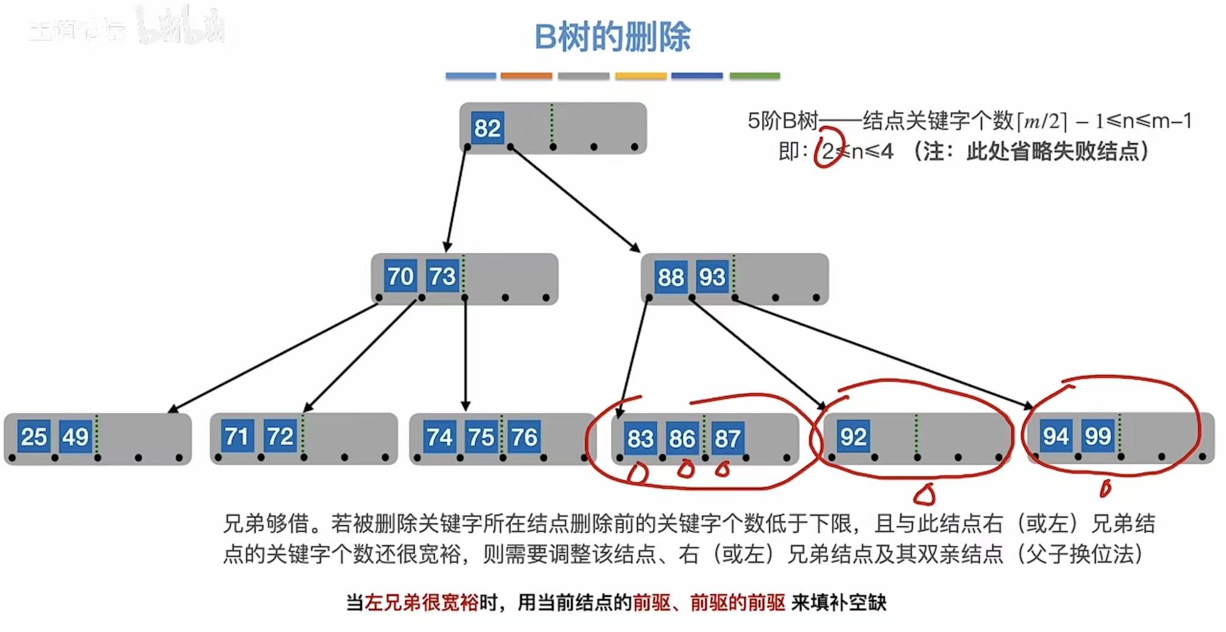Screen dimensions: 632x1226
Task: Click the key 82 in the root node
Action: (x=487, y=128)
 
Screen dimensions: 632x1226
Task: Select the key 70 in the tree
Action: (x=400, y=276)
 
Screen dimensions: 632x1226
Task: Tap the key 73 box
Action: (x=442, y=276)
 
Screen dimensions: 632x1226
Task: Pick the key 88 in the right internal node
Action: (x=671, y=277)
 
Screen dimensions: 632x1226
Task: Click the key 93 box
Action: (x=712, y=277)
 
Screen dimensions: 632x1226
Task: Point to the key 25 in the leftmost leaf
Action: (x=34, y=436)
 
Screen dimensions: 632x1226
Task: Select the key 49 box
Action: (x=76, y=436)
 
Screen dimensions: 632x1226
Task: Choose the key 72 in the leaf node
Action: (x=280, y=436)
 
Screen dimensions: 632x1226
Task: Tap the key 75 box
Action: (x=481, y=437)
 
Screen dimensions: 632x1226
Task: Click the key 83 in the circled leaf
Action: (x=640, y=438)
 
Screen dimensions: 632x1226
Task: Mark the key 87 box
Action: (x=727, y=438)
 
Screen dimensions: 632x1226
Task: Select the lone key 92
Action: (x=853, y=436)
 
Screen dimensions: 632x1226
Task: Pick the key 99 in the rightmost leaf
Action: (x=1097, y=436)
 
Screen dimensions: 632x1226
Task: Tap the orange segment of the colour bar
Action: (x=526, y=76)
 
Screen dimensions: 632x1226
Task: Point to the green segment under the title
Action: (x=754, y=76)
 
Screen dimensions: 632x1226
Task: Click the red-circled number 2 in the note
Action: (x=827, y=151)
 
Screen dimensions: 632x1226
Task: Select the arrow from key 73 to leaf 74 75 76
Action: (x=465, y=353)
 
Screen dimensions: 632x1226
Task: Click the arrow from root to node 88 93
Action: (x=573, y=198)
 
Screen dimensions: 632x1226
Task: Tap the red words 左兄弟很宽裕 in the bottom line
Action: (x=421, y=603)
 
